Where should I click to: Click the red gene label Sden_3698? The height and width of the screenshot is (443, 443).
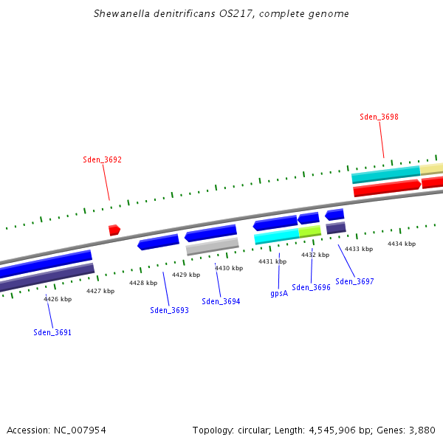tap(379, 117)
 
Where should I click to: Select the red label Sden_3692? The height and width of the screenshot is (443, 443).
tap(102, 159)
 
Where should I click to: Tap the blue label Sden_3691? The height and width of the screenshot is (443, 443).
tap(52, 332)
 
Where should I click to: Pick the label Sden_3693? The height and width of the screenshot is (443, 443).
tap(169, 310)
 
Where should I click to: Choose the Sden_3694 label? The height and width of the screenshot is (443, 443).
tap(221, 301)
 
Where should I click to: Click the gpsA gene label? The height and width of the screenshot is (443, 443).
tap(279, 293)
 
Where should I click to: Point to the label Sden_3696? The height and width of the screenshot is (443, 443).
tap(311, 287)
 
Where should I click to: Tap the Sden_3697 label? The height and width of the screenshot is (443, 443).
tap(354, 281)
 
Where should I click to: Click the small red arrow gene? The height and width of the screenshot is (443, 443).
tap(114, 230)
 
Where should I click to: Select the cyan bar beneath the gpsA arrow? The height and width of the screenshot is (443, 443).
tap(276, 236)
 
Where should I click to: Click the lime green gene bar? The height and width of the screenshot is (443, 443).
tap(309, 231)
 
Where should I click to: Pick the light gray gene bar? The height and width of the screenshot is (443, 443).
tap(212, 246)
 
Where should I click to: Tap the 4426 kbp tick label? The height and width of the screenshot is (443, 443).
tap(58, 299)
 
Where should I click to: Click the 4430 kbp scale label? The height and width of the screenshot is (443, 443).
tap(229, 268)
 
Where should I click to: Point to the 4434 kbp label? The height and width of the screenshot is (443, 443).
tap(402, 244)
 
